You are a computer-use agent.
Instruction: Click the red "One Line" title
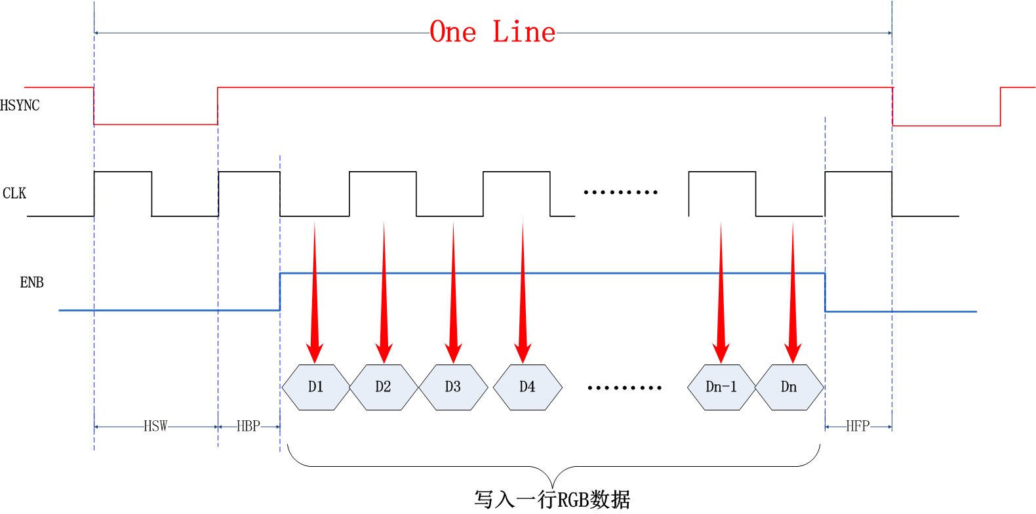(x=492, y=32)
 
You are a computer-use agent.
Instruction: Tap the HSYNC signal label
(x=20, y=106)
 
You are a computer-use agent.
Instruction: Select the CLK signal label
(x=14, y=193)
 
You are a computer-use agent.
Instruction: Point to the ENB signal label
(x=31, y=283)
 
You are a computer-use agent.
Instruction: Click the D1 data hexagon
(x=315, y=387)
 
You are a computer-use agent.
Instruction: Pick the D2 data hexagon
(x=383, y=387)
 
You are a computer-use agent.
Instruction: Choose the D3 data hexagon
(x=452, y=387)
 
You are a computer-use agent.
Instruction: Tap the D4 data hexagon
(x=527, y=387)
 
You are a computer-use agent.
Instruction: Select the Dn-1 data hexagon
(x=721, y=387)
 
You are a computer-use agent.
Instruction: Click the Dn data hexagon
(x=789, y=387)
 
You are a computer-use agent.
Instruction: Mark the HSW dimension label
(x=155, y=427)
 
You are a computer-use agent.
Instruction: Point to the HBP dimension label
(x=249, y=427)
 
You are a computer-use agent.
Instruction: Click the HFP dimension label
(x=858, y=427)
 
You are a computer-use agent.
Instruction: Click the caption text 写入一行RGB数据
(x=552, y=500)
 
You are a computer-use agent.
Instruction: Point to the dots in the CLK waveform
(x=620, y=192)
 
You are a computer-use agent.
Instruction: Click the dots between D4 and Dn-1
(x=624, y=387)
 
